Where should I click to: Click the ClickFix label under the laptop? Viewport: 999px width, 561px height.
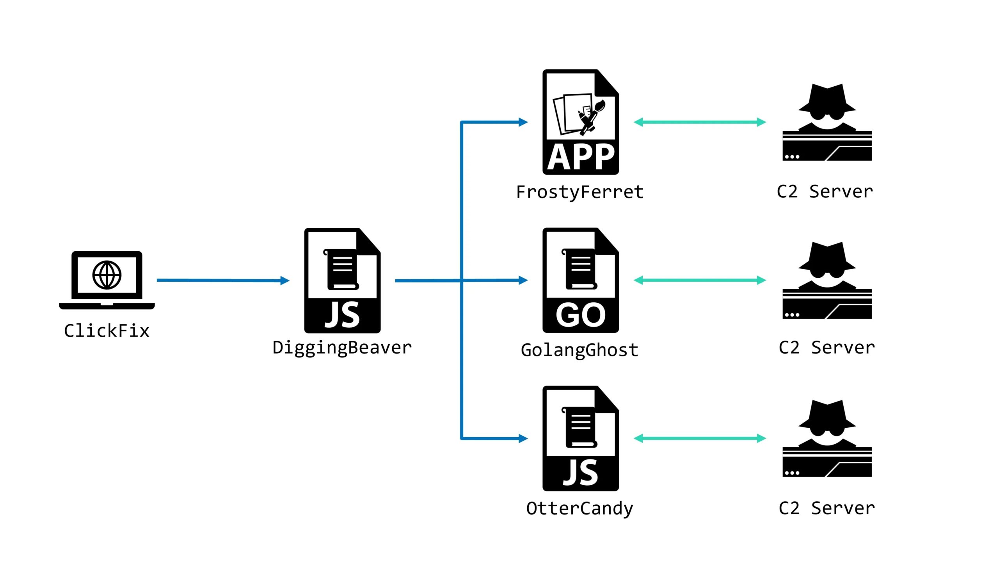pyautogui.click(x=107, y=331)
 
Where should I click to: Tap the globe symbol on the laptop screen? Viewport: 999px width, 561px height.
pyautogui.click(x=107, y=275)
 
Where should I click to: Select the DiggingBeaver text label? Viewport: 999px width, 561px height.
pyautogui.click(x=342, y=348)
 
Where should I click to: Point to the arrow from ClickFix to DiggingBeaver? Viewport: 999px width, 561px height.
pyautogui.click(x=222, y=280)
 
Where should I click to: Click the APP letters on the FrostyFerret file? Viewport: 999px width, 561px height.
pyautogui.click(x=580, y=157)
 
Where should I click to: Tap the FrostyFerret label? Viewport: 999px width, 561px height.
pyautogui.click(x=579, y=192)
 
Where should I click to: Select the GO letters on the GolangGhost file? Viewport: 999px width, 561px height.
pyautogui.click(x=580, y=315)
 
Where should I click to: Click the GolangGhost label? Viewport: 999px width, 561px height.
pyautogui.click(x=579, y=350)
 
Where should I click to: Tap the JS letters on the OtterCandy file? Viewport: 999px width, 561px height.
pyautogui.click(x=580, y=473)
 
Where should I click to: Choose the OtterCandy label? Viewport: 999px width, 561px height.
pyautogui.click(x=579, y=509)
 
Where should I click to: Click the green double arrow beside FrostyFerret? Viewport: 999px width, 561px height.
pyautogui.click(x=699, y=122)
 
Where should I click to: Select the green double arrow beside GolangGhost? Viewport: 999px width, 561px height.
pyautogui.click(x=699, y=280)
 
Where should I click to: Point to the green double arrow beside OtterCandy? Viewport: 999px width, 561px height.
pyautogui.click(x=699, y=438)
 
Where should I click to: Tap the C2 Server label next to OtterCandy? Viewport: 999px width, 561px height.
pyautogui.click(x=827, y=508)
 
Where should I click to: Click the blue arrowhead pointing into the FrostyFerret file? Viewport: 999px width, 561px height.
pyautogui.click(x=523, y=122)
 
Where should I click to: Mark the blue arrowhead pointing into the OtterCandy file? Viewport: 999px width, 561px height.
pyautogui.click(x=523, y=438)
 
